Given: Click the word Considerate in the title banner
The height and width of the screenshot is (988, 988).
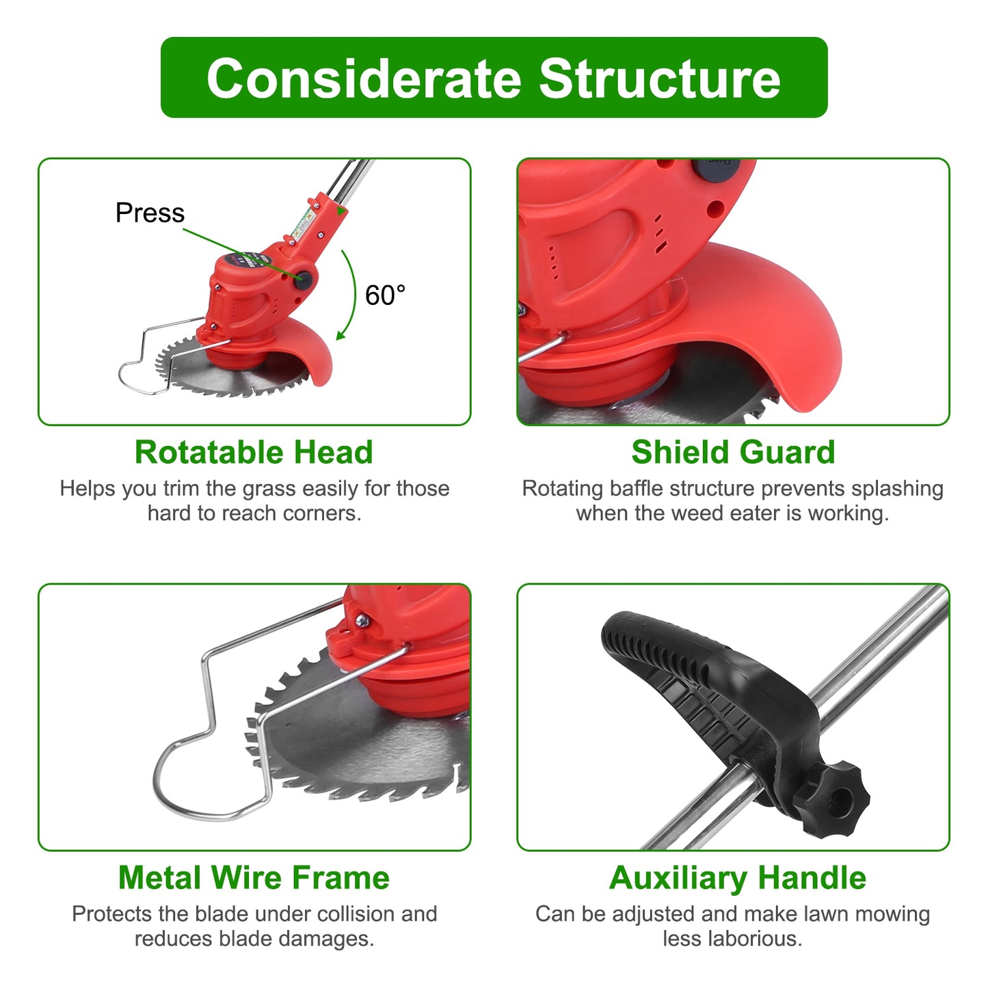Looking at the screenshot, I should (x=364, y=79).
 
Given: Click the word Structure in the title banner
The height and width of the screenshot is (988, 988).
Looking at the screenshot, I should (x=659, y=79).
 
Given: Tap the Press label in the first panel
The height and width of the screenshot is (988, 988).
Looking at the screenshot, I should (x=150, y=213).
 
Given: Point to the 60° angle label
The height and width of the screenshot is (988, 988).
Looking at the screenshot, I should (x=385, y=295).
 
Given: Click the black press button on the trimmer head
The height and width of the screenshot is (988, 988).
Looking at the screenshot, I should (x=303, y=278).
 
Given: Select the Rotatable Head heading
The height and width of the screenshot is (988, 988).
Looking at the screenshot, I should (x=254, y=453).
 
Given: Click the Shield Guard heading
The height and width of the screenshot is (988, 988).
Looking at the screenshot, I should (x=733, y=453).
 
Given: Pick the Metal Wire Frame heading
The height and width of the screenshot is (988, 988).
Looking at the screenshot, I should (x=254, y=878).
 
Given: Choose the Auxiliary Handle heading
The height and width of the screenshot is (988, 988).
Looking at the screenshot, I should (x=737, y=878).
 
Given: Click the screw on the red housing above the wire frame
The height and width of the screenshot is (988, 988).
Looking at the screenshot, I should (x=362, y=621).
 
